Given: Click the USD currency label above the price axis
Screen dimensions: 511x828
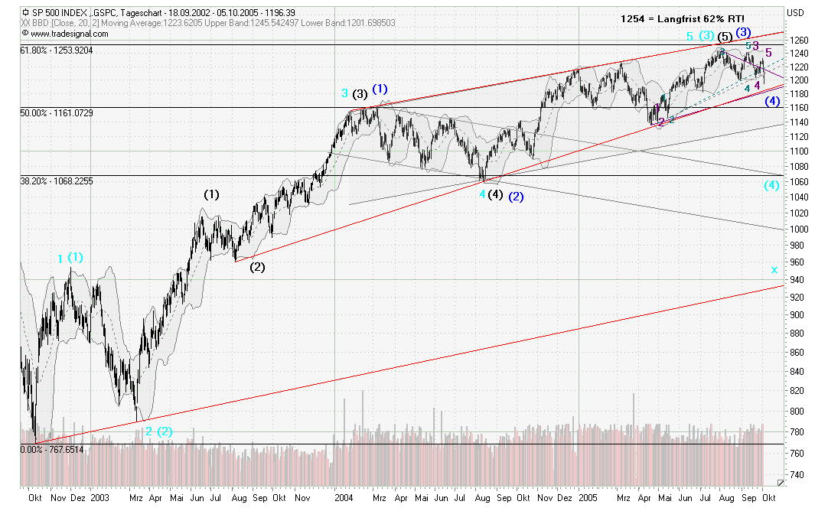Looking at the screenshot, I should coord(796,12).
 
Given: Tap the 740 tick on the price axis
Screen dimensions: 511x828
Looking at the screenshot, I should coord(798,474).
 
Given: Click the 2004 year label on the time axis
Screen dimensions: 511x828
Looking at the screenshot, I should coord(344,496).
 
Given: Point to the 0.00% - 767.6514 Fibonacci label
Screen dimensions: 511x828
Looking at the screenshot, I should coord(53,449).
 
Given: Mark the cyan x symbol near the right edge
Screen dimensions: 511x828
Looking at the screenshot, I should coord(774,269).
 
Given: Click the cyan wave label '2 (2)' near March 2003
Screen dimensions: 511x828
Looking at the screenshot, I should coord(158,431).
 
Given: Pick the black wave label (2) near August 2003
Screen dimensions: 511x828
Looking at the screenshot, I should coord(257,267).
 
